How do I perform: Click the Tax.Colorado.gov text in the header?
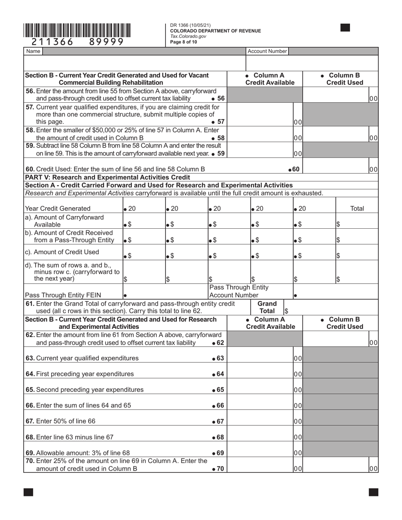tap(188, 36)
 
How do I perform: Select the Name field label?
tap(33, 51)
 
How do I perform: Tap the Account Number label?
tap(267, 51)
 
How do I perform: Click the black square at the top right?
tap(345, 28)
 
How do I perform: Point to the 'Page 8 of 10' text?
tap(183, 42)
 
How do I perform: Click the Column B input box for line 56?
tap(336, 95)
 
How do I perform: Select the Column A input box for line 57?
tap(260, 114)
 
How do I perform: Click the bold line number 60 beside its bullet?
tap(296, 169)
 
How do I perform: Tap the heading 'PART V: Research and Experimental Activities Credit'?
tap(108, 177)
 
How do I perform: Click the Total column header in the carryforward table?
tap(357, 208)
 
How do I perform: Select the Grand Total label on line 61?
tap(267, 307)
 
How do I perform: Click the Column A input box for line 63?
tap(260, 358)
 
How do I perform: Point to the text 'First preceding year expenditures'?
tap(85, 374)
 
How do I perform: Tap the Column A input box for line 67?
tap(260, 421)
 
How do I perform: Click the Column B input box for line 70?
tap(336, 465)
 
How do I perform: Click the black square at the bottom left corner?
tap(28, 492)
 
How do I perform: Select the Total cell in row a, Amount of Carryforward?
tap(357, 221)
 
